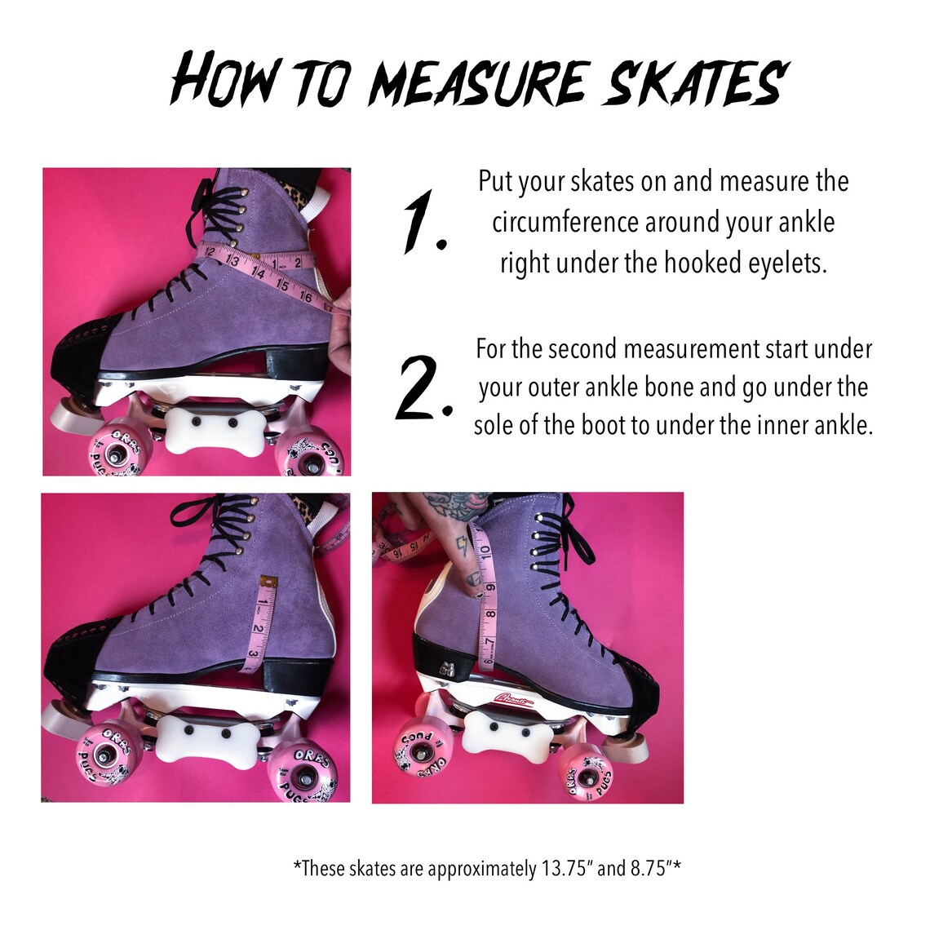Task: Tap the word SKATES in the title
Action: (693, 82)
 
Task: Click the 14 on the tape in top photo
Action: (259, 273)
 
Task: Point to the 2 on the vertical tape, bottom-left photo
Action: (257, 628)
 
